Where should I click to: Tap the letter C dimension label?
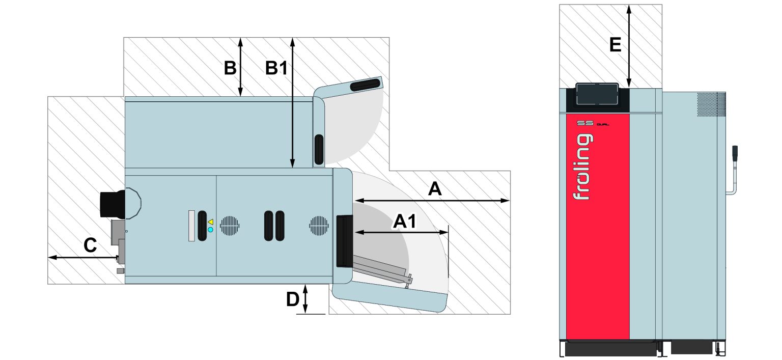tap(90, 246)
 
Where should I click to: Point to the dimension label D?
tap(292, 300)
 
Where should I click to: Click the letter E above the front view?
tap(615, 45)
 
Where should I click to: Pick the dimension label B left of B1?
tap(230, 68)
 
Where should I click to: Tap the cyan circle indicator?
tap(211, 230)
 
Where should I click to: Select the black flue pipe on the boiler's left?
tap(112, 204)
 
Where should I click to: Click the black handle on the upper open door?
tap(365, 85)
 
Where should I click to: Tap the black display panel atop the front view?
tap(597, 95)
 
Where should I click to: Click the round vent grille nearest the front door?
tap(319, 226)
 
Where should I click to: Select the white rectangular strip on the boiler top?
tap(191, 226)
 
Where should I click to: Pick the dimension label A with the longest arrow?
tap(434, 189)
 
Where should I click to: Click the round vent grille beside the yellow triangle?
tap(230, 226)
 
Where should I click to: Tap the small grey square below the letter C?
tap(120, 271)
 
